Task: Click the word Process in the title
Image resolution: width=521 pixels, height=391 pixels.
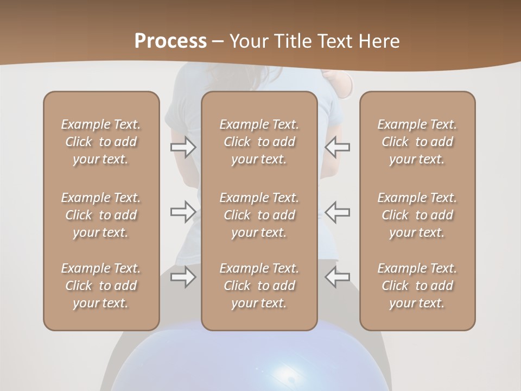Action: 170,41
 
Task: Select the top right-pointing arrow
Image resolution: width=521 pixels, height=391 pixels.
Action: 183,147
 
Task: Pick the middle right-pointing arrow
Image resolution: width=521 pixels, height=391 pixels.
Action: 183,211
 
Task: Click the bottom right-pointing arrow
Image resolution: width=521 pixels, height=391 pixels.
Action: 183,277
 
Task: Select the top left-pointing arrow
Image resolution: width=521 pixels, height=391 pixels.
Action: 338,147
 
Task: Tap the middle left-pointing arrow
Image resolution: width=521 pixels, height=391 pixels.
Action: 338,211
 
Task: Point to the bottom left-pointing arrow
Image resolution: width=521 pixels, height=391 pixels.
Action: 338,277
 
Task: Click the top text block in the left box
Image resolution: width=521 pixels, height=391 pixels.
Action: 101,142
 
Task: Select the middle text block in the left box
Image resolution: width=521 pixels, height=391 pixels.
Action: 101,215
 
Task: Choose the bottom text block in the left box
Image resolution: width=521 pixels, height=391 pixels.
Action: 101,286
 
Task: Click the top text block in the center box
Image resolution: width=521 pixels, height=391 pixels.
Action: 259,142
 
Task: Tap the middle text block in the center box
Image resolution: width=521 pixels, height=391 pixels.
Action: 259,215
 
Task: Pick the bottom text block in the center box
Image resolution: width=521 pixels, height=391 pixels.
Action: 259,286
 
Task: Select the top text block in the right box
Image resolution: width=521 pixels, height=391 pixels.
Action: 417,142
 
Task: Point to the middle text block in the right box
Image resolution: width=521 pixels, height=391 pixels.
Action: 417,215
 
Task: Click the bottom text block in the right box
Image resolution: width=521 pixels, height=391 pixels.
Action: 417,286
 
